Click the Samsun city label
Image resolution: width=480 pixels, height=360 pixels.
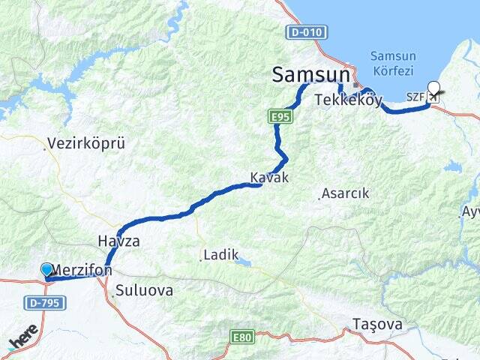[310, 74]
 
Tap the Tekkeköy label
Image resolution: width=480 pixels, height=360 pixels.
[349, 100]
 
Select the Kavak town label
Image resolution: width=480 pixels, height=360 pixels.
[269, 178]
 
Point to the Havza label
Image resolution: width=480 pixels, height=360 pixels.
[118, 241]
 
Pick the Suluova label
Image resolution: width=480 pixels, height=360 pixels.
[145, 290]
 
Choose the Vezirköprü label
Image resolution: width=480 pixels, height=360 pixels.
[85, 143]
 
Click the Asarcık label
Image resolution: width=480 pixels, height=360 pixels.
[346, 193]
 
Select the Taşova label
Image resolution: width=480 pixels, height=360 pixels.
[377, 325]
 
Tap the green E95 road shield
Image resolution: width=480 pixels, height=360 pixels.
[280, 117]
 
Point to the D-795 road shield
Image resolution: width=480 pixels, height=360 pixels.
[44, 303]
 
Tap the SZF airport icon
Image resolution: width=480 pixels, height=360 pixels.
[433, 97]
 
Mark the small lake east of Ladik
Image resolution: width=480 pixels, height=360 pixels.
[244, 262]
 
